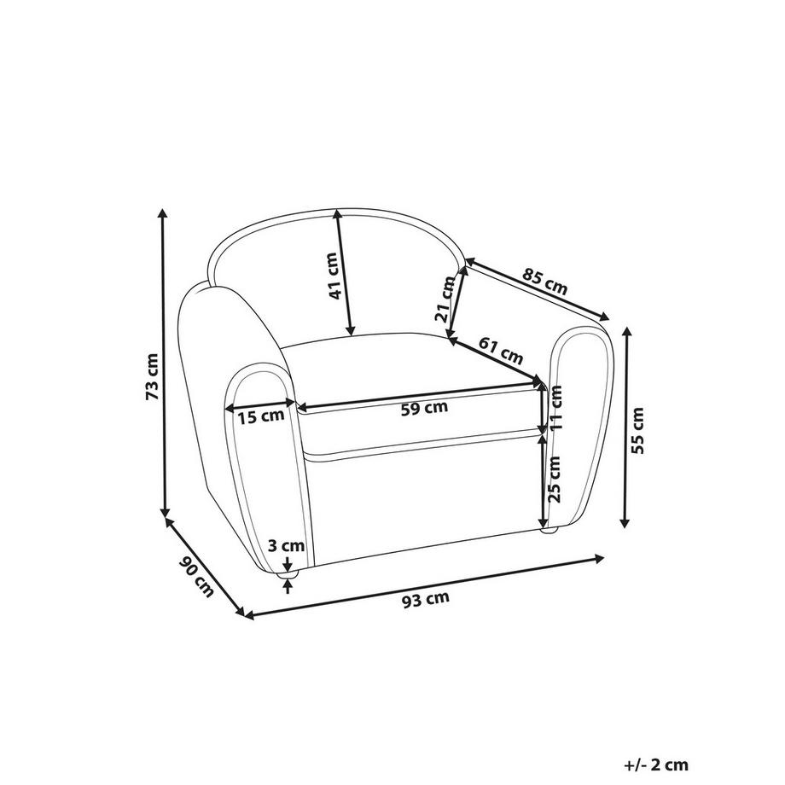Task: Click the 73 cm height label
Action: coord(152,376)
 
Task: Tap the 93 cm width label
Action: coord(426,599)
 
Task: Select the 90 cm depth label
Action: coord(196,576)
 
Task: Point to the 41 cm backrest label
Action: coord(334,276)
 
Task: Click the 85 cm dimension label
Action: coord(545,281)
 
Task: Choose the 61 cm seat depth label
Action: coord(501,350)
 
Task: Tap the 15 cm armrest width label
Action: coord(260,416)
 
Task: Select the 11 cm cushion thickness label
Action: coord(555,408)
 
